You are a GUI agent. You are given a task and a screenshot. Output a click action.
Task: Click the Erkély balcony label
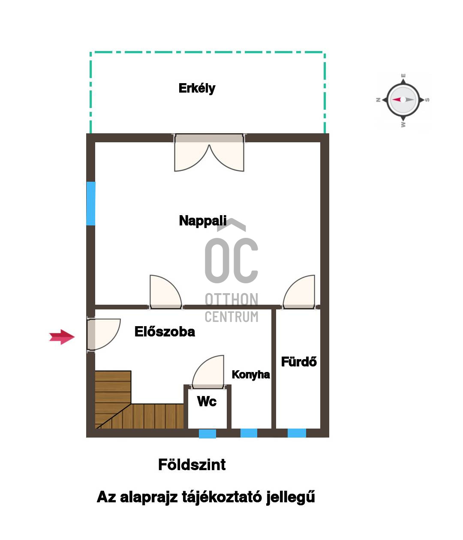click(197, 89)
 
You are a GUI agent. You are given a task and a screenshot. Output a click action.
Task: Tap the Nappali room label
click(202, 221)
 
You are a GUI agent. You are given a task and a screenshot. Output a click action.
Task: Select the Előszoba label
click(165, 331)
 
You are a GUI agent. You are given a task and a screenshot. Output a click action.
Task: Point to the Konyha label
click(250, 375)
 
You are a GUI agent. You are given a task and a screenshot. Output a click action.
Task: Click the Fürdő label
click(299, 361)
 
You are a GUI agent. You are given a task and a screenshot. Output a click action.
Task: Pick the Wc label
click(207, 401)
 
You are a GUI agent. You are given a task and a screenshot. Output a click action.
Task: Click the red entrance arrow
click(62, 337)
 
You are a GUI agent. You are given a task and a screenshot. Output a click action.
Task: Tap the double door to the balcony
click(209, 153)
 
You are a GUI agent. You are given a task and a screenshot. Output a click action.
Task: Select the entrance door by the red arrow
click(103, 334)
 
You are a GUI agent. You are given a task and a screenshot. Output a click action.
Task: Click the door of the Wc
click(208, 372)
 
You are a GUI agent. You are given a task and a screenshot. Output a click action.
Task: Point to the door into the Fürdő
click(299, 292)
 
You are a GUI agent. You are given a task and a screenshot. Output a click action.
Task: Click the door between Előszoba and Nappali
click(165, 292)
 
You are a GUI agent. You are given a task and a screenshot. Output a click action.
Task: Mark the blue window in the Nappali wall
click(90, 203)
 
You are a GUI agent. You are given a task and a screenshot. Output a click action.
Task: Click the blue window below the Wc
click(207, 434)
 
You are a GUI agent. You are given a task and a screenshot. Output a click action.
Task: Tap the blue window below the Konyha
click(249, 433)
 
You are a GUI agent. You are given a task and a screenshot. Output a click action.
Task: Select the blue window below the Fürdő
click(297, 433)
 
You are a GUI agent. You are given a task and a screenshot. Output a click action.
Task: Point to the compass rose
click(403, 99)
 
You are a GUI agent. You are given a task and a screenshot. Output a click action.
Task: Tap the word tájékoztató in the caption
click(222, 497)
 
